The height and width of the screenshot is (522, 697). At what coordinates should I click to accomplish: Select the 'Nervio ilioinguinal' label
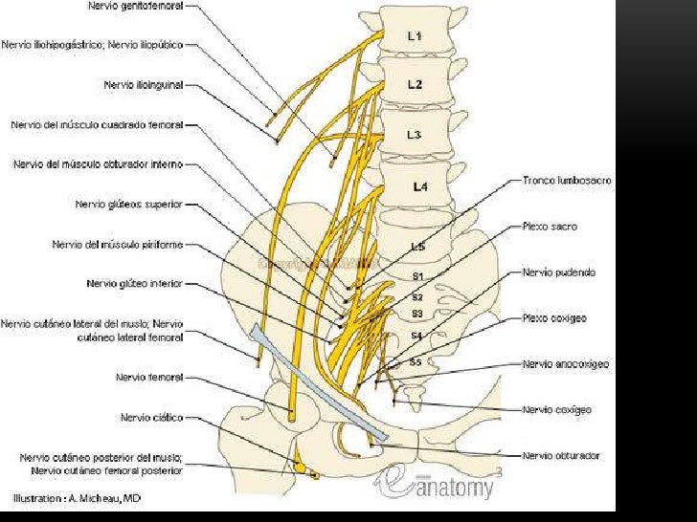click(143, 84)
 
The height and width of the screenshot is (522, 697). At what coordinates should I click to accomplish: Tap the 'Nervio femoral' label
click(148, 378)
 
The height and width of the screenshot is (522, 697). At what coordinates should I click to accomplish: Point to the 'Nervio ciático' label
click(151, 418)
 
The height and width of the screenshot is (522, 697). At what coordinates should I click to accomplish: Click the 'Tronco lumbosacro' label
click(567, 180)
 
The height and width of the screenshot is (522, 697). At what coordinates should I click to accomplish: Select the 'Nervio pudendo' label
click(559, 272)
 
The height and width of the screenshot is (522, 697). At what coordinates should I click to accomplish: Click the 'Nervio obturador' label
click(561, 456)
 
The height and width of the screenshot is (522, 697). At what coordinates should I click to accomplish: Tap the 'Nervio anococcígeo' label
click(566, 364)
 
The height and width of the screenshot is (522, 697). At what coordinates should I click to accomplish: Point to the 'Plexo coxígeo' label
click(554, 317)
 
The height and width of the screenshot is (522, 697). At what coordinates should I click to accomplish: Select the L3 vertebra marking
click(414, 135)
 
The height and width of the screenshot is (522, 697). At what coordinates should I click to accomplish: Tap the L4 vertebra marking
click(419, 187)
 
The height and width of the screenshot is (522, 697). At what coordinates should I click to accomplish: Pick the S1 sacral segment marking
click(417, 276)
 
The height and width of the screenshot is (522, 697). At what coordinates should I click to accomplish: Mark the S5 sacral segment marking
click(416, 362)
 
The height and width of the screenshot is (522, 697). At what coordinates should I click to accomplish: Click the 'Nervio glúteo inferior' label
click(134, 284)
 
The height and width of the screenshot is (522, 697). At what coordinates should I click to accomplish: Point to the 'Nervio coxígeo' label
click(556, 410)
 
